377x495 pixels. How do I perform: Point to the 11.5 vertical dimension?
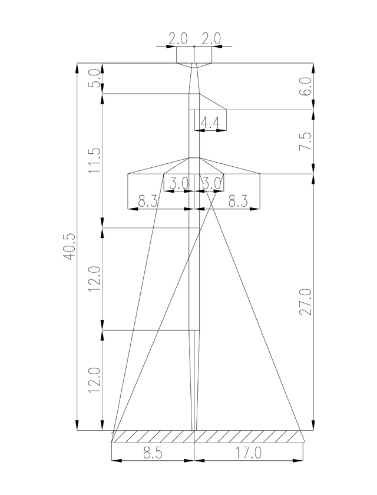tap(95, 160)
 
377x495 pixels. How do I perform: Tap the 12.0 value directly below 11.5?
tap(95, 278)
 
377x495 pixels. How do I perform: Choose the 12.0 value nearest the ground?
tap(95, 380)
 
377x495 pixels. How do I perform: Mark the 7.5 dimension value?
tap(305, 142)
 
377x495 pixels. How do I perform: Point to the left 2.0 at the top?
tap(178, 39)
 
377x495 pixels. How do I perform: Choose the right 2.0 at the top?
tap(210, 39)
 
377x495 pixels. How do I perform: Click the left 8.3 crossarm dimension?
tap(148, 202)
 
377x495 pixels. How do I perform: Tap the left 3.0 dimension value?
tap(178, 183)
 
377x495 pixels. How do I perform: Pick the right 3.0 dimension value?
tap(210, 183)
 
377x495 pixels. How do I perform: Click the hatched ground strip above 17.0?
tap(249, 437)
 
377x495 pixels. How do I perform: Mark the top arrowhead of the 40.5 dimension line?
tap(77, 67)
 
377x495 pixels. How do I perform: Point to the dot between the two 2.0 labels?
tap(194, 45)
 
